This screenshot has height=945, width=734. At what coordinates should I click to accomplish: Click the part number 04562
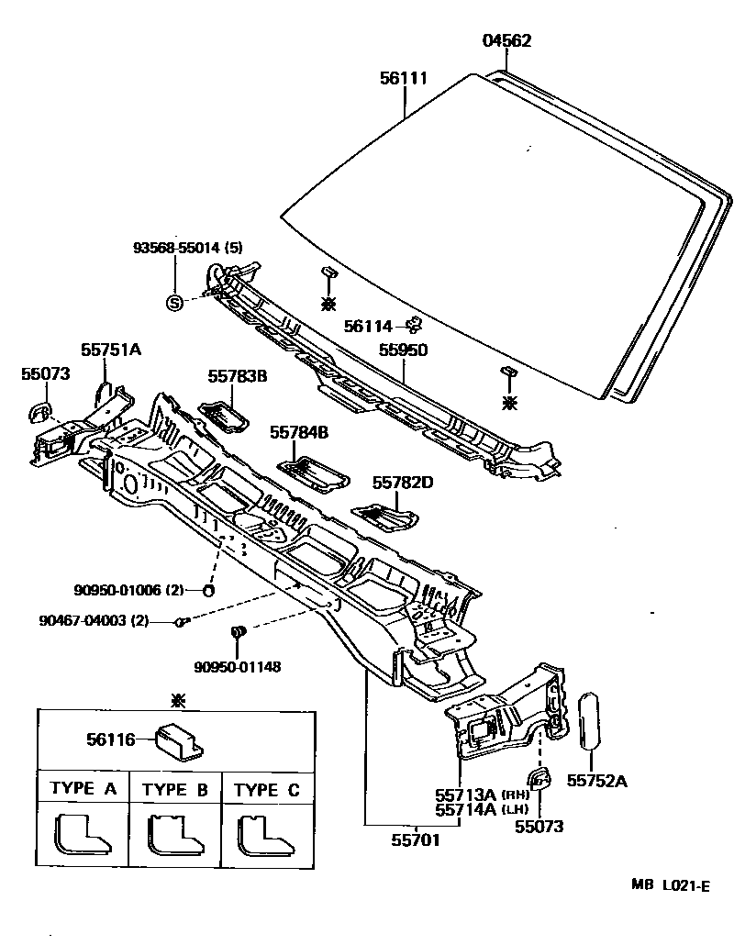pyautogui.click(x=506, y=40)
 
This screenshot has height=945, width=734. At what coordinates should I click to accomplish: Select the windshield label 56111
pyautogui.click(x=404, y=79)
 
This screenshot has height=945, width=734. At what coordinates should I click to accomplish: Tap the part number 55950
pyautogui.click(x=404, y=350)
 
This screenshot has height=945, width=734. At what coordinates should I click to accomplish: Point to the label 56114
pyautogui.click(x=368, y=326)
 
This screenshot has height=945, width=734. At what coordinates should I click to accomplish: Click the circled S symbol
pyautogui.click(x=174, y=303)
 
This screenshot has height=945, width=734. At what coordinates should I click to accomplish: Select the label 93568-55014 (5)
pyautogui.click(x=188, y=249)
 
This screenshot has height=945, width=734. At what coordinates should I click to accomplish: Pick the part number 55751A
pyautogui.click(x=111, y=350)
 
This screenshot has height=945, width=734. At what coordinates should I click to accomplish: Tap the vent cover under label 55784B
pyautogui.click(x=312, y=472)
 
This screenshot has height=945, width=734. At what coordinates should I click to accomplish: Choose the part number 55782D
pyautogui.click(x=402, y=482)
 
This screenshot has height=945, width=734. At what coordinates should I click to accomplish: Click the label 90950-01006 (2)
pyautogui.click(x=129, y=590)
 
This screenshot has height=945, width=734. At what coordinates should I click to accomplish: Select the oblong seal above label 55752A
pyautogui.click(x=589, y=719)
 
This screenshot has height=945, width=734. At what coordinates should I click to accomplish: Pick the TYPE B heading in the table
pyautogui.click(x=175, y=789)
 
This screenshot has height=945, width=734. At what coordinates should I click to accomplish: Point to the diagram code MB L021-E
pyautogui.click(x=670, y=885)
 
